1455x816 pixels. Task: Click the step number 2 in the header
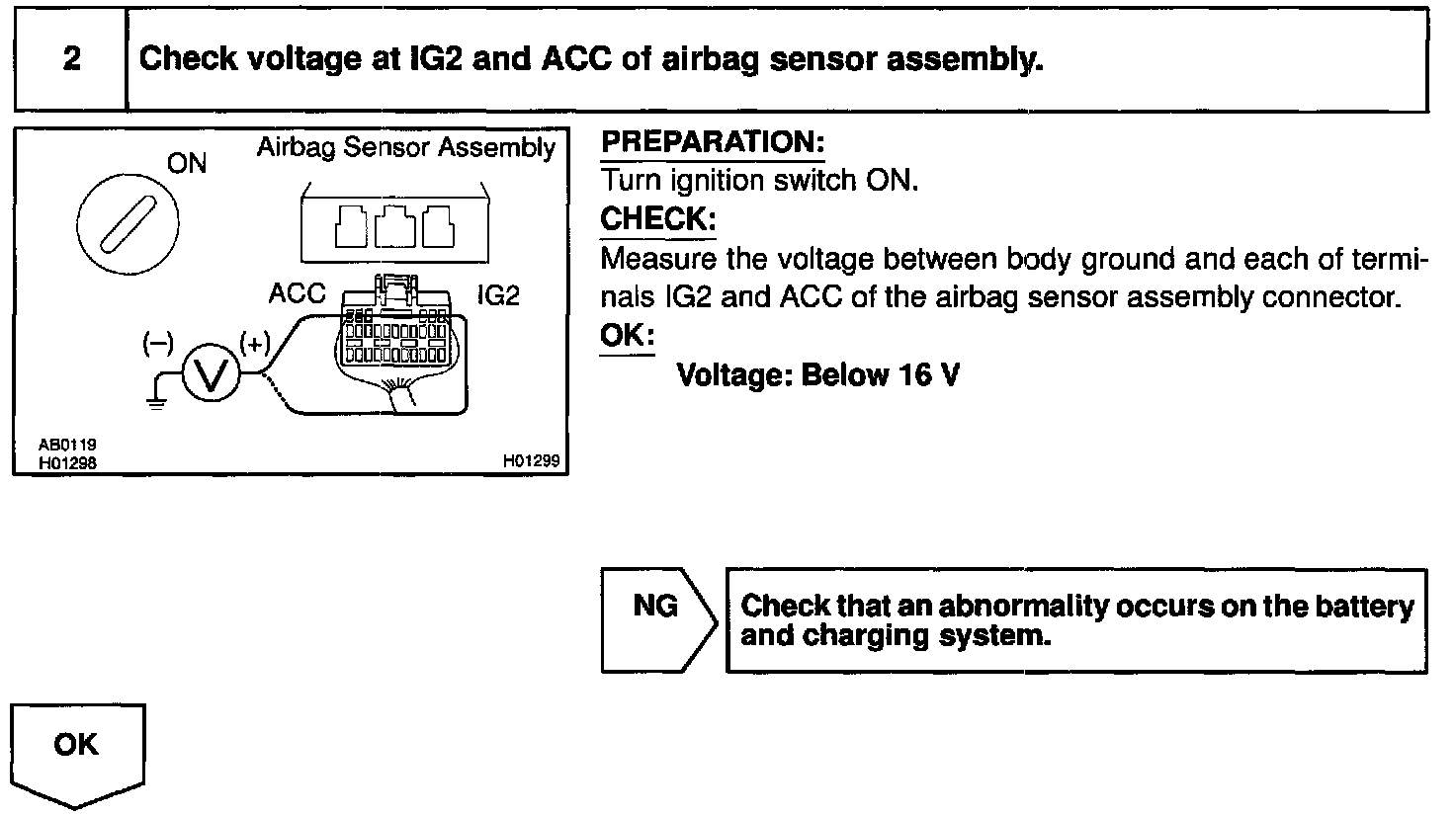(x=71, y=59)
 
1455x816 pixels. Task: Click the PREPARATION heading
(x=712, y=142)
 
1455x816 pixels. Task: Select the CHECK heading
(x=657, y=219)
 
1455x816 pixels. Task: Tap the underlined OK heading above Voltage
(x=627, y=336)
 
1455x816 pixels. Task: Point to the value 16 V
(x=929, y=375)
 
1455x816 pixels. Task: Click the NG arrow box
(x=656, y=619)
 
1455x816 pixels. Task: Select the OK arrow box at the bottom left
(x=77, y=746)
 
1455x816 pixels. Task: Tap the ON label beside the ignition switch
(x=187, y=164)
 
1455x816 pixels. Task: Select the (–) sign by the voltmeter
(x=157, y=343)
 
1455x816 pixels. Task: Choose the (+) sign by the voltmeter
(x=254, y=344)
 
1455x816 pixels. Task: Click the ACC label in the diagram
(x=297, y=294)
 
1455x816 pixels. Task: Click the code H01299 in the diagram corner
(x=531, y=460)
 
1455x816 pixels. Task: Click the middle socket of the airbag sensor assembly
(x=395, y=228)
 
